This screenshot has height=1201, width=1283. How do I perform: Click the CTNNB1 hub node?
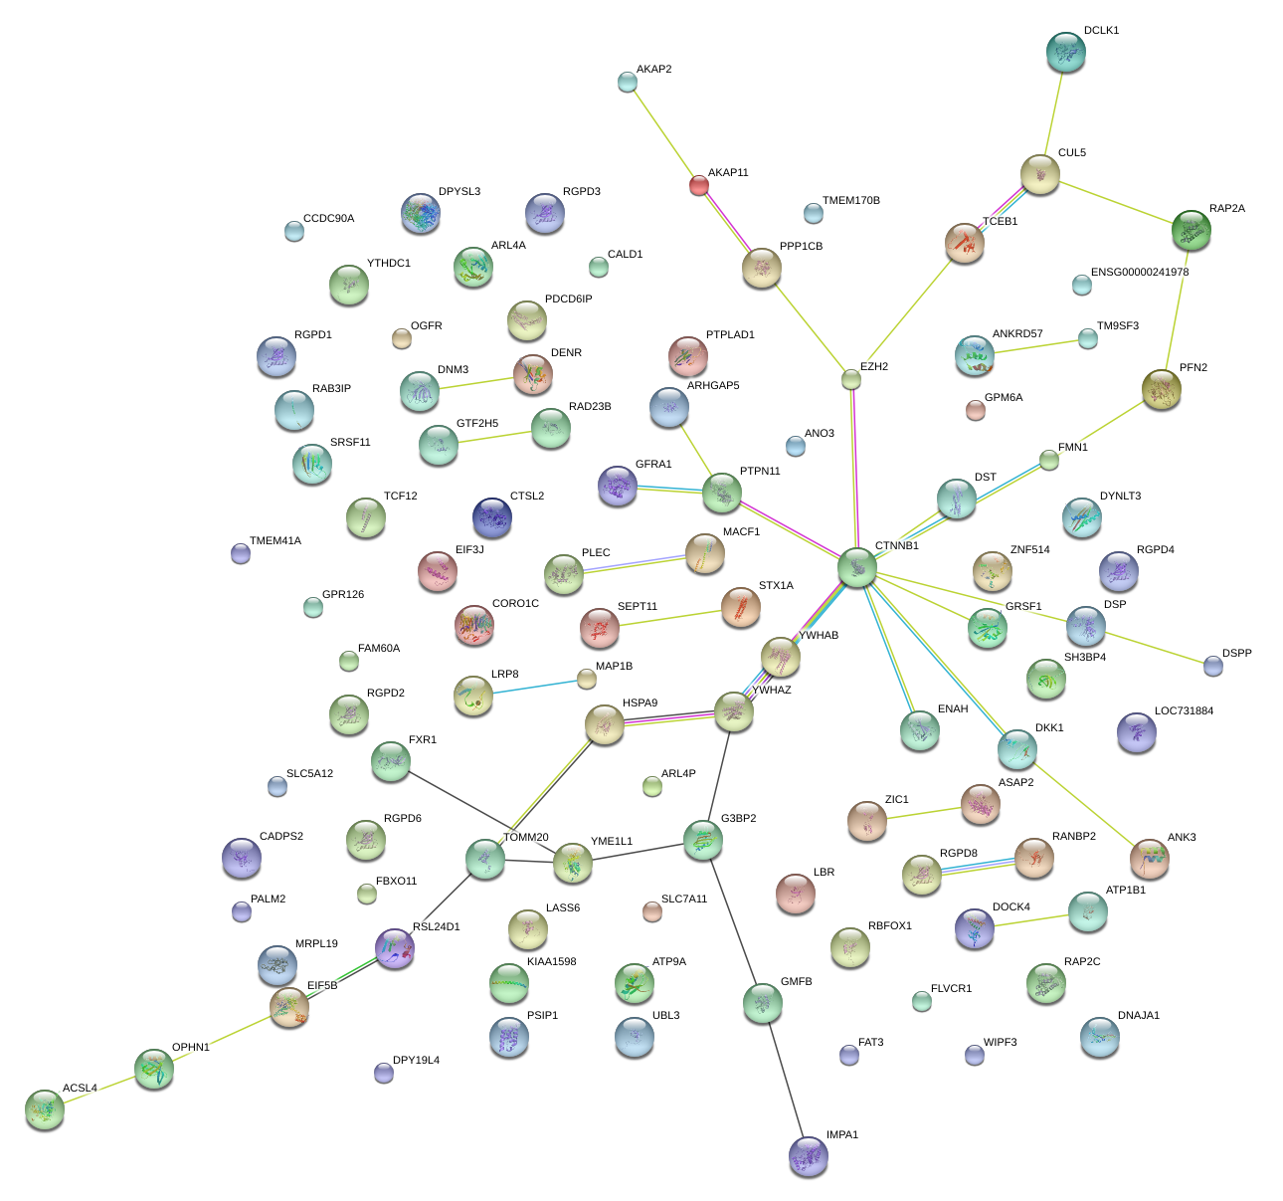(856, 566)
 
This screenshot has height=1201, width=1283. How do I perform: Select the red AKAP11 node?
(699, 185)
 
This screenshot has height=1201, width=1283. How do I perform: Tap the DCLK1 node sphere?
(1065, 53)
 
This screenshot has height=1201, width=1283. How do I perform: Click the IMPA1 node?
(808, 1156)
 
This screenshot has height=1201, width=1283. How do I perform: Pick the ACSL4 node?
(45, 1108)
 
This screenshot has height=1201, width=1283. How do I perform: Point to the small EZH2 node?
(850, 378)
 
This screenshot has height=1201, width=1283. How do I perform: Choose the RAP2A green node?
(1191, 230)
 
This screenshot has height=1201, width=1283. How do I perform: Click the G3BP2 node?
(703, 841)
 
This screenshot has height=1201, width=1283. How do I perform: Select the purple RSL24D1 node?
(394, 949)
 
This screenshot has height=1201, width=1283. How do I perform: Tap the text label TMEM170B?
(850, 201)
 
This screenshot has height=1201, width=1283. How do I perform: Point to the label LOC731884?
(1184, 711)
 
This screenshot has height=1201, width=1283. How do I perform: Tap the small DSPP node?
(1212, 666)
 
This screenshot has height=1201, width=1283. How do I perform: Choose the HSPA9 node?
(604, 725)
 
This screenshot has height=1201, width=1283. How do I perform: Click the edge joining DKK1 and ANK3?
(1084, 805)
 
